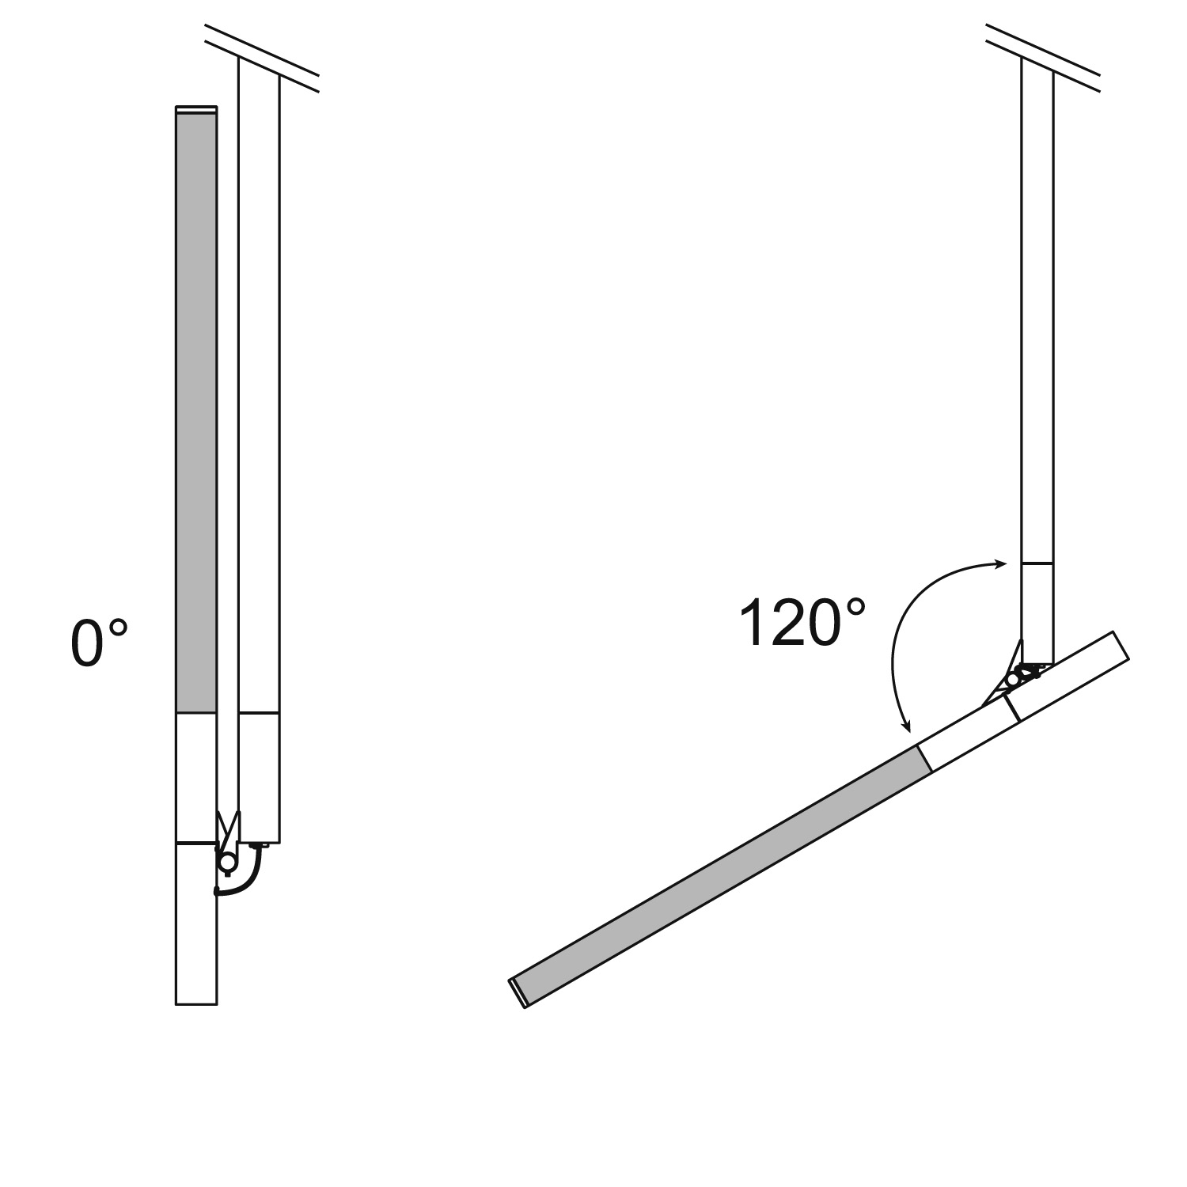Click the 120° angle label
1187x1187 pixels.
(802, 623)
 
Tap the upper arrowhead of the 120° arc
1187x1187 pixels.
(999, 564)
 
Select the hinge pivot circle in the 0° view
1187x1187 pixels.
(227, 863)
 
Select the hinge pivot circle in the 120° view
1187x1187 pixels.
(1013, 679)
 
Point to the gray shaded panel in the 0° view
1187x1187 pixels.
(195, 412)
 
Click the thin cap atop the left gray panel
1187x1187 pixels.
(195, 109)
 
